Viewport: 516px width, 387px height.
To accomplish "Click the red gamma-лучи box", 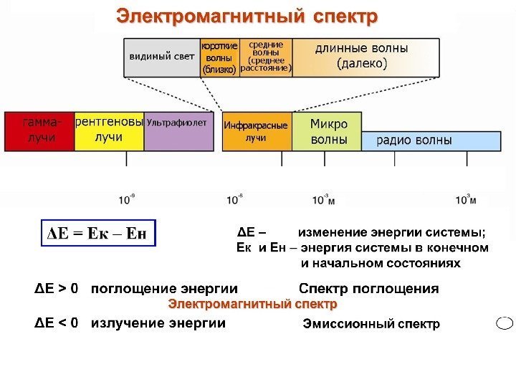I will [39, 130].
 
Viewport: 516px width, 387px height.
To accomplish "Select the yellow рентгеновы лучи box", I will [109, 130].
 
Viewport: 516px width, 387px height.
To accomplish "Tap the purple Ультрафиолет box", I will [179, 130].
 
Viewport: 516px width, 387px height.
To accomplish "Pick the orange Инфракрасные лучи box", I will [256, 130].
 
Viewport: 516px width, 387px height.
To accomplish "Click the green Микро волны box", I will [326, 130].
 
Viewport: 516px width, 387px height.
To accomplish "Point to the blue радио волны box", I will [430, 140].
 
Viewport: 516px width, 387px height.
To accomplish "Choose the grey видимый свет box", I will [162, 57].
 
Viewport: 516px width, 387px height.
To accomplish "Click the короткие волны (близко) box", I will [219, 57].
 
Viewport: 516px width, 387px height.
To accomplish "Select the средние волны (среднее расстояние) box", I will [266, 57].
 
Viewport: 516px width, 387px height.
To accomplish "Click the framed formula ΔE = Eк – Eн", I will [97, 234].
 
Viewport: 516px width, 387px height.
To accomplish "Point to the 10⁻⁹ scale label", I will [127, 199].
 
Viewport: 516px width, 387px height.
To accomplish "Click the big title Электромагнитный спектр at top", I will [247, 16].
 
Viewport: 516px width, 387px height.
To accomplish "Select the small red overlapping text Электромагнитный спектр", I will [252, 305].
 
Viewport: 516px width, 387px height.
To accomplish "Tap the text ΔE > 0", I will [57, 289].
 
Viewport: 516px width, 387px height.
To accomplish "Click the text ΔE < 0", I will [57, 322].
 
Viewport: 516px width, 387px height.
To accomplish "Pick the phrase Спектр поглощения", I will [368, 289].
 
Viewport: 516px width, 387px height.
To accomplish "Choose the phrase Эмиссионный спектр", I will [371, 325].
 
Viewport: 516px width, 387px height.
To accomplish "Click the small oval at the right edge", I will [505, 323].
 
